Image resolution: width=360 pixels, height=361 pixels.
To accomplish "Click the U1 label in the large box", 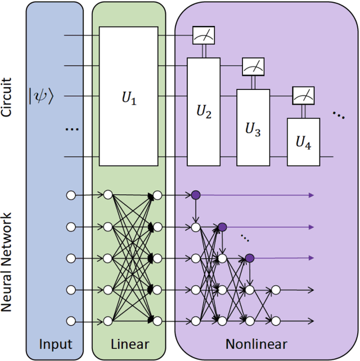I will click(x=129, y=100).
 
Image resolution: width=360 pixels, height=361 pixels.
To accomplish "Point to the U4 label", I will click(x=303, y=143).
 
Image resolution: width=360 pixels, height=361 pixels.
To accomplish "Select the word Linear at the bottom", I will click(x=129, y=344).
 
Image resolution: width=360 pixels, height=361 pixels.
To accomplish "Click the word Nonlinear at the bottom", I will click(x=256, y=344).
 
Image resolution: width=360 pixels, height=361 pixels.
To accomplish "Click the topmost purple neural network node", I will click(x=195, y=195).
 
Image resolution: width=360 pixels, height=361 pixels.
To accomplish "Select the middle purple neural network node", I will click(x=222, y=227).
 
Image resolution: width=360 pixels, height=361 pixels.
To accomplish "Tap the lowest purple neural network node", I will click(x=249, y=258).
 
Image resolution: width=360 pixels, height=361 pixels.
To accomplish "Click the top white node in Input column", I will click(x=70, y=195).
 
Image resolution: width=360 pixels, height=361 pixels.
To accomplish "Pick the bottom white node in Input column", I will click(x=70, y=321).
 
